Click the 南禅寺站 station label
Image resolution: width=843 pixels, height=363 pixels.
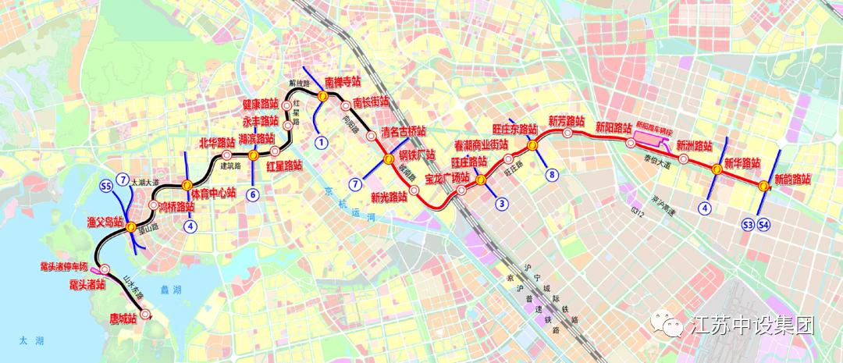343,81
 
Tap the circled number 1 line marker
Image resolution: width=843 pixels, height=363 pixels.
321,142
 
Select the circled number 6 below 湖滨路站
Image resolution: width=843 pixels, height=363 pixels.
253,194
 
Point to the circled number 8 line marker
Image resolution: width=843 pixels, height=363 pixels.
552,175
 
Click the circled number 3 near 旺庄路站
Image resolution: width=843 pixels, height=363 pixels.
502,204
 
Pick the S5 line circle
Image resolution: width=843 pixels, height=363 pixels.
106,185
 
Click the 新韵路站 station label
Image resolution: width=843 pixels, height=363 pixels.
793,179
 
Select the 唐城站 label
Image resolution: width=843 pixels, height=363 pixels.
123,318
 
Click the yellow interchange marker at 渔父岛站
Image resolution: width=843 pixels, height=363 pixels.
131,226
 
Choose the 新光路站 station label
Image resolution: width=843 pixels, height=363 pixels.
389,197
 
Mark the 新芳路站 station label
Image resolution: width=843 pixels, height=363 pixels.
566,121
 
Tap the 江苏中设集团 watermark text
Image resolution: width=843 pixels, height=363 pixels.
753,326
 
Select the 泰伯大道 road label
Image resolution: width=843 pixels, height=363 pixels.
657,165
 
